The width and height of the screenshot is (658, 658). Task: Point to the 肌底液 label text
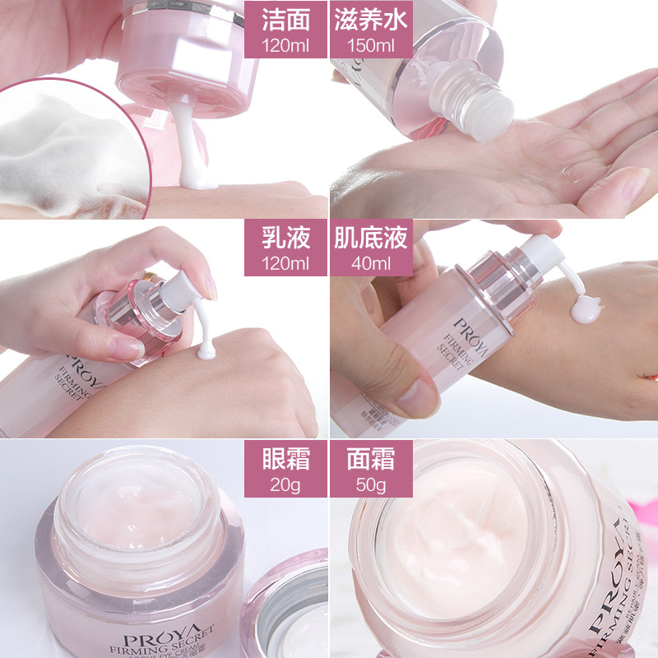point(370,239)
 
